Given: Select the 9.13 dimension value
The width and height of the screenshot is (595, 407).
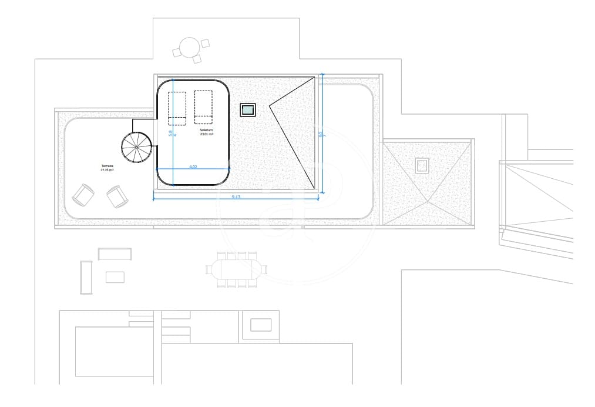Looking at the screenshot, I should coord(236,196).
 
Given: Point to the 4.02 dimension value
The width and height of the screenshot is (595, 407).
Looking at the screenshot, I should coord(193,167).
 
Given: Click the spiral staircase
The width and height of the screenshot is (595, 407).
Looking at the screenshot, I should coord(136,148).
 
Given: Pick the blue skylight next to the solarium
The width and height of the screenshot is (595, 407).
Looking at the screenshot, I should coord(248,109).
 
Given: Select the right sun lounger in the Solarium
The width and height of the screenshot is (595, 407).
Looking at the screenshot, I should coord(203,107).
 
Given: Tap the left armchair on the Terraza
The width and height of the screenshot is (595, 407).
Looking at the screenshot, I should coord(83,195).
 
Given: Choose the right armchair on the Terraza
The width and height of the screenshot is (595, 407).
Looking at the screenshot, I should coord(117,196).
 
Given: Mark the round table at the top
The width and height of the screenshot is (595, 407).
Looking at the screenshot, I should coord(190,47).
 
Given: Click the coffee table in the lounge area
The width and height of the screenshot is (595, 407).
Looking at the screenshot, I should coord(115,276).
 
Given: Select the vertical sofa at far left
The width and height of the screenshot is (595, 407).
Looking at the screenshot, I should coord(86,278).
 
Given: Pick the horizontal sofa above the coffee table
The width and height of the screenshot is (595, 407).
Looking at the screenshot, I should coord(115,254).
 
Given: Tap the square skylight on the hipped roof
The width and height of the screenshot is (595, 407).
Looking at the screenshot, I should coord(422,166).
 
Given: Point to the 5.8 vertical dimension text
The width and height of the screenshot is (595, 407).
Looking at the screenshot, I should coord(170,133).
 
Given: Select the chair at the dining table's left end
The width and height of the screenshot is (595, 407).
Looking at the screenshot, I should coord(209,269).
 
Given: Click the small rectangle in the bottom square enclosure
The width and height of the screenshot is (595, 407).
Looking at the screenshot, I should coord(261,325).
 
